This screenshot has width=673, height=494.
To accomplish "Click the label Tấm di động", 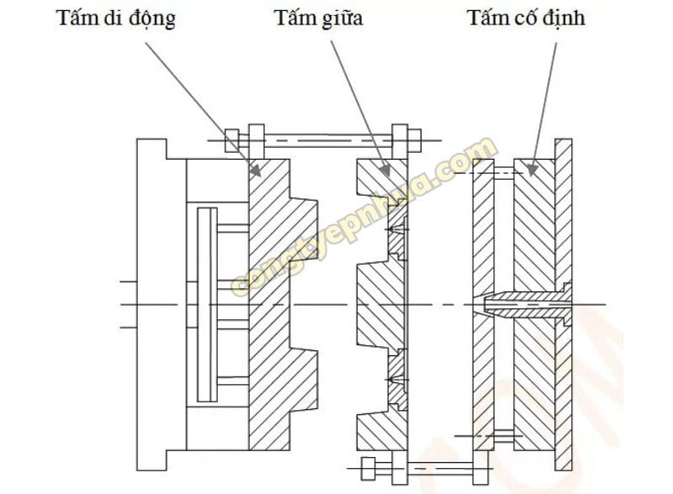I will point(116,18).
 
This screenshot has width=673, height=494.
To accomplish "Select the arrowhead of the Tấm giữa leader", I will point(388,175).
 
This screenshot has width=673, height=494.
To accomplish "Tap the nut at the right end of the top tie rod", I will point(400,139).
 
